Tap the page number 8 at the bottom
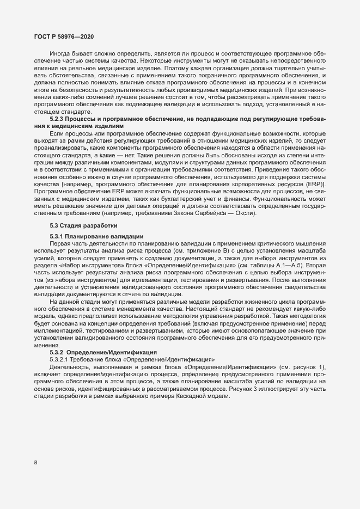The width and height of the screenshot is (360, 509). pyautogui.click(x=36, y=463)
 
